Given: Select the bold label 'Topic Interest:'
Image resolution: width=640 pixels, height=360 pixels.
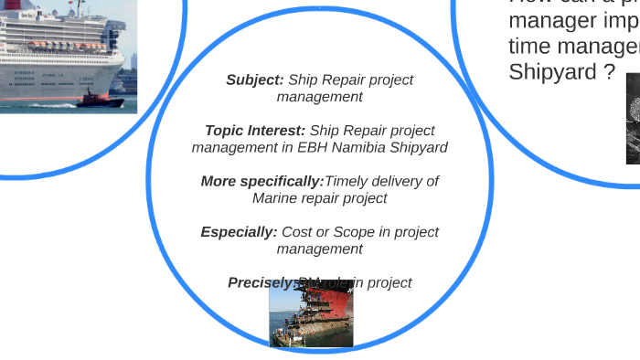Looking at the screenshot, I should click(255, 131).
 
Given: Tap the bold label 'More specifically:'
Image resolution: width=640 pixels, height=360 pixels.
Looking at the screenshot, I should click(262, 181).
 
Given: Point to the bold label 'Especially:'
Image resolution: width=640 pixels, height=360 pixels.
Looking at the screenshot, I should click(239, 232).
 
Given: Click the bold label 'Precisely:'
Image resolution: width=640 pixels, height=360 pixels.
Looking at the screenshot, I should click(261, 283).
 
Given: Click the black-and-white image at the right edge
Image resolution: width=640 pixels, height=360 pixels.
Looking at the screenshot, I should click(633, 119).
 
